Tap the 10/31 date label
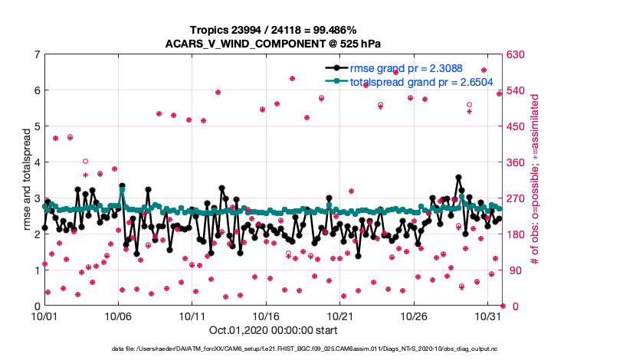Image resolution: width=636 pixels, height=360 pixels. click(488, 315)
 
